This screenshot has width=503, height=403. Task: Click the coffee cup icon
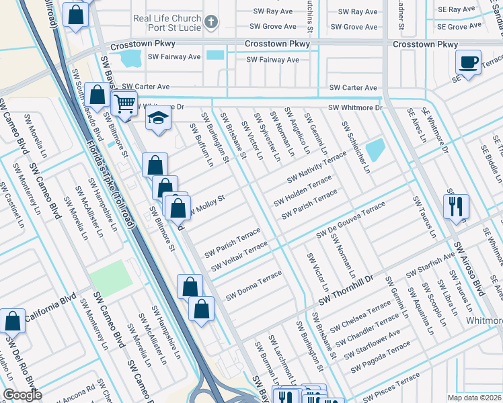468,62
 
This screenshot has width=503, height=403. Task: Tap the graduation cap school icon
159,118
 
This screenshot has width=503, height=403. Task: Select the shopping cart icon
124,103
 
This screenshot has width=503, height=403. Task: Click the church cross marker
210,22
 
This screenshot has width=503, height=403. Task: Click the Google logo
22,395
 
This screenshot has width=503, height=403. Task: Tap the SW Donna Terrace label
254,285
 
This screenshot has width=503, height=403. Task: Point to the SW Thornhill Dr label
346,292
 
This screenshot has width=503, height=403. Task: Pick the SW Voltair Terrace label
239,258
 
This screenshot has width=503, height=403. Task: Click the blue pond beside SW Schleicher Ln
375,150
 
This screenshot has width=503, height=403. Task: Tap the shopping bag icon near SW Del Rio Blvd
12,321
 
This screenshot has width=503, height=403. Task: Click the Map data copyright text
474,397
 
